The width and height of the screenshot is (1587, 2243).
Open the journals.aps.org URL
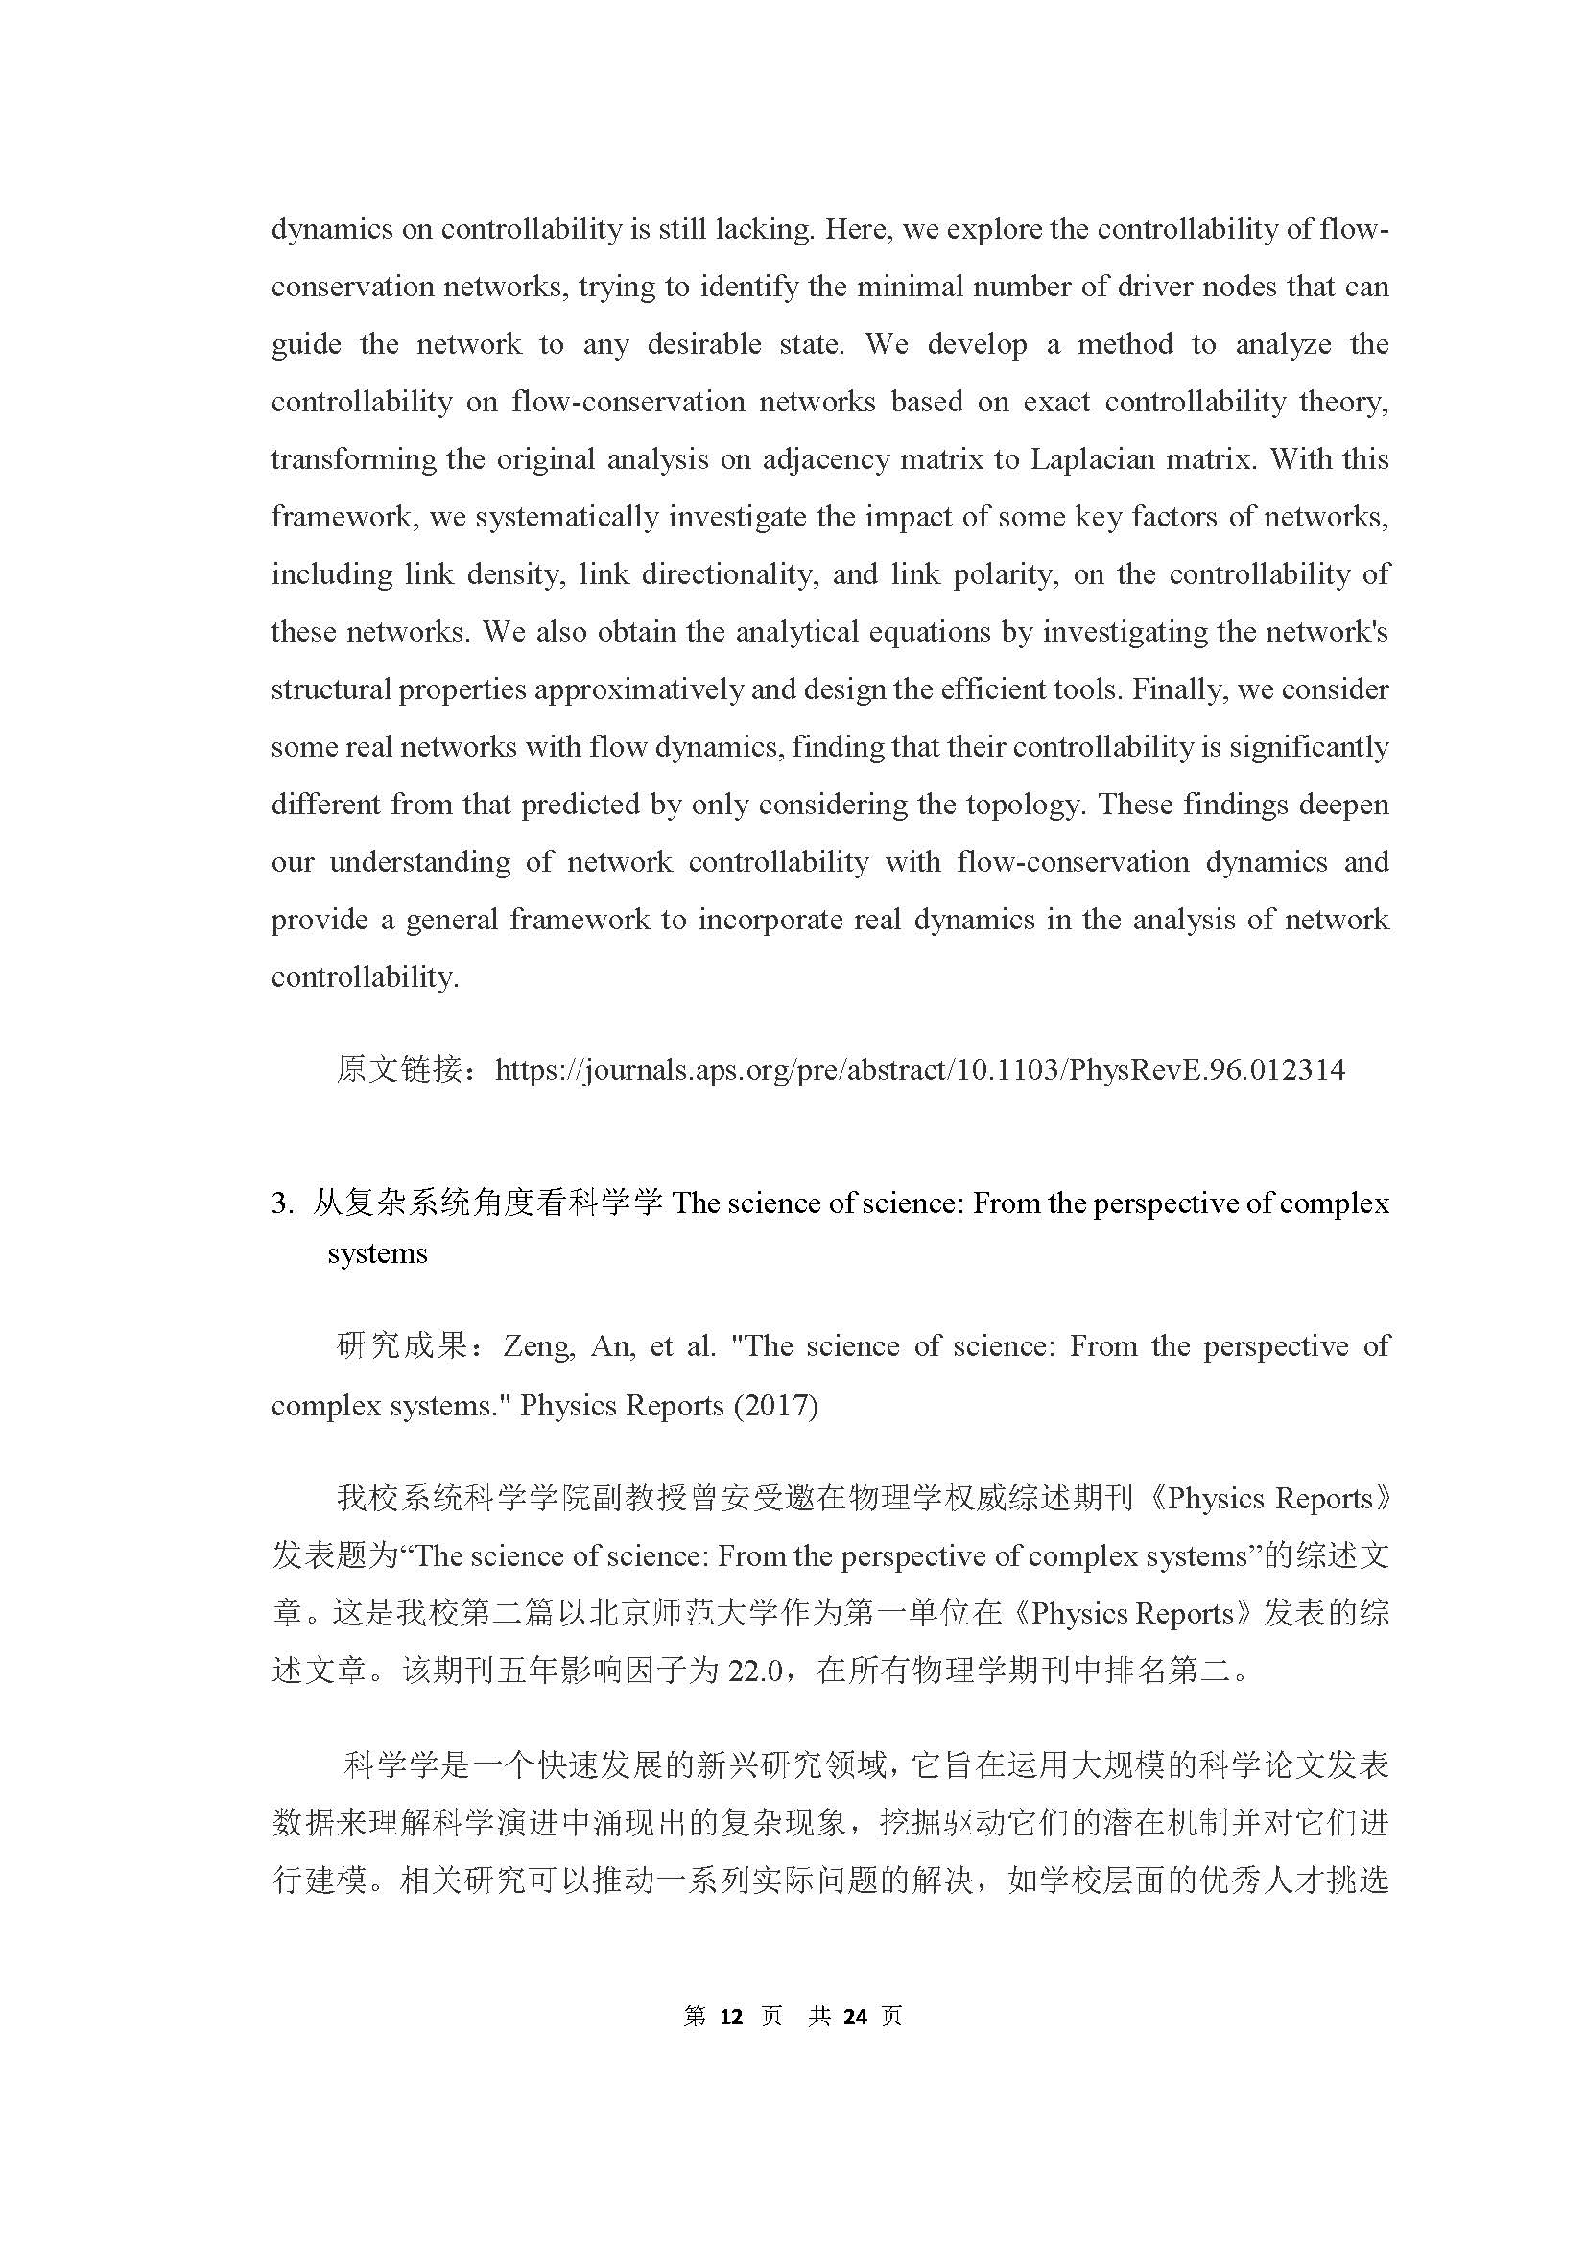pyautogui.click(x=919, y=1070)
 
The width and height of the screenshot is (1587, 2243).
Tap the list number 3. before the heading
pyautogui.click(x=282, y=1203)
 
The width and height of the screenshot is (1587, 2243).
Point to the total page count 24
pyautogui.click(x=855, y=2017)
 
